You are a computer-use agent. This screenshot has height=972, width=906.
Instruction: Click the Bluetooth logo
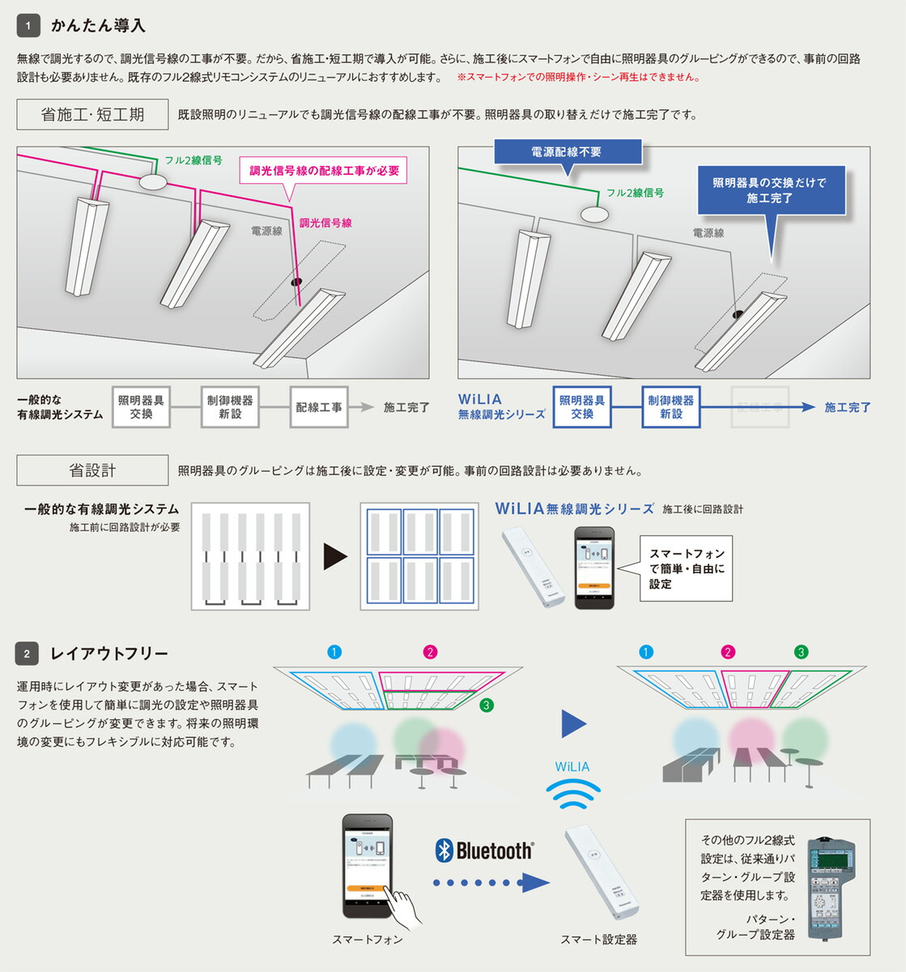click(484, 850)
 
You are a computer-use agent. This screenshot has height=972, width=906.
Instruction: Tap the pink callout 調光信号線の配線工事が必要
click(324, 171)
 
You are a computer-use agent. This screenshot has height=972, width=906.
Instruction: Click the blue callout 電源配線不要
click(566, 152)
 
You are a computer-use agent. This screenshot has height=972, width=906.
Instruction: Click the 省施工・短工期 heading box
click(92, 114)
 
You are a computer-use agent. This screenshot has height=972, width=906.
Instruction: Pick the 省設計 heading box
click(92, 470)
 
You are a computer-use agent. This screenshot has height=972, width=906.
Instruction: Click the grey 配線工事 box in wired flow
click(318, 407)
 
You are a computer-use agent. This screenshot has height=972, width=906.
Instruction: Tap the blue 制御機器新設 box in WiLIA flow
click(670, 407)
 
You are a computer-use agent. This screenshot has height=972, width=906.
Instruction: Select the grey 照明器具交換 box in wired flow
click(141, 407)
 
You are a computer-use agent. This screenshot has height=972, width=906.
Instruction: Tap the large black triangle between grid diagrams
click(334, 556)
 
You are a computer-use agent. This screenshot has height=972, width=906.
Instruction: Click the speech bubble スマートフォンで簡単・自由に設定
click(686, 569)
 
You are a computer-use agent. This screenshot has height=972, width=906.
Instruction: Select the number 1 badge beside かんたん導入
click(28, 26)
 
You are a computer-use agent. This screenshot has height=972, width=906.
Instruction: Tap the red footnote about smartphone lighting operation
click(578, 78)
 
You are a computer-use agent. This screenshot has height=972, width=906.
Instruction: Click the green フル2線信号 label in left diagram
click(194, 160)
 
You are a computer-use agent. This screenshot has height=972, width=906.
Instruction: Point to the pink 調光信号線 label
click(325, 223)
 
